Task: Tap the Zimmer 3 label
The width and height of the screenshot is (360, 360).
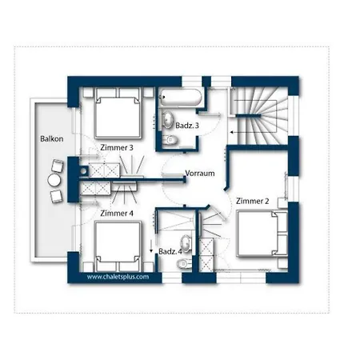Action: tap(117, 147)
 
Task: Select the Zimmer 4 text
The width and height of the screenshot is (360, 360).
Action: tap(117, 214)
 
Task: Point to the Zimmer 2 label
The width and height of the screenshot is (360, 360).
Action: tap(252, 199)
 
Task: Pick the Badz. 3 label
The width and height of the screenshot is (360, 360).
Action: tap(187, 125)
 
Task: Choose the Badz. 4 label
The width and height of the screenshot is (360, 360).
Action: tap(170, 252)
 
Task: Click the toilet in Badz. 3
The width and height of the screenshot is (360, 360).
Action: tap(170, 141)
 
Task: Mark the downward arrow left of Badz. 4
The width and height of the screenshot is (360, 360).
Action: tap(150, 245)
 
